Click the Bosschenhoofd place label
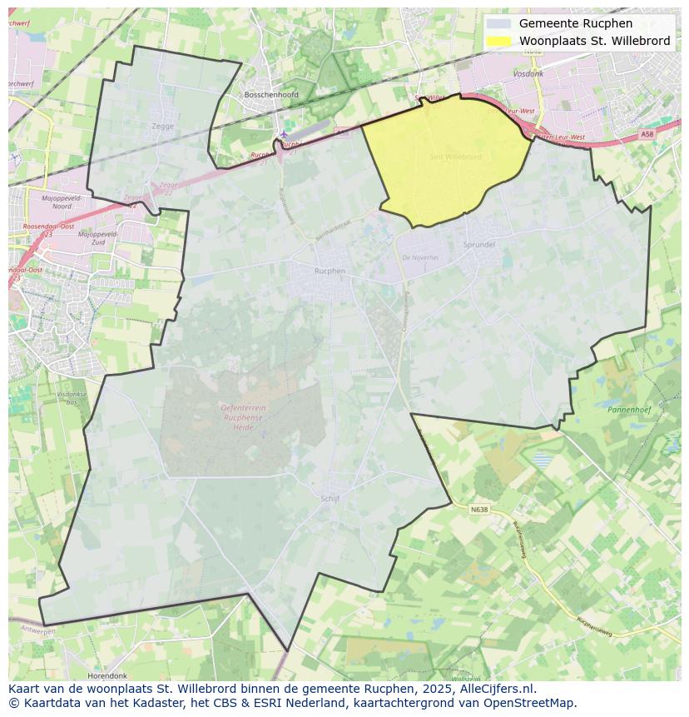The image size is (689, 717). click(x=271, y=95)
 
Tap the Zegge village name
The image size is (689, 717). click(x=163, y=127)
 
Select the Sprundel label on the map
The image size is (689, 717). click(x=478, y=245)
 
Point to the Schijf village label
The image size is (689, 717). click(x=330, y=499)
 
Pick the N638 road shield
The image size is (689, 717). click(x=478, y=510)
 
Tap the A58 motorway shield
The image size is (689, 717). click(x=647, y=134)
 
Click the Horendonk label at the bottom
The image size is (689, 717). click(x=107, y=676)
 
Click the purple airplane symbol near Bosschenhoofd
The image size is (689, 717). click(x=284, y=133)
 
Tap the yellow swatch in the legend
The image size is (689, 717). click(x=498, y=41)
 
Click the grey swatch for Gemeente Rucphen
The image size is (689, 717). click(x=498, y=24)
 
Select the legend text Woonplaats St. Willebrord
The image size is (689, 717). click(x=594, y=41)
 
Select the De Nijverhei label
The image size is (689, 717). click(x=420, y=257)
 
